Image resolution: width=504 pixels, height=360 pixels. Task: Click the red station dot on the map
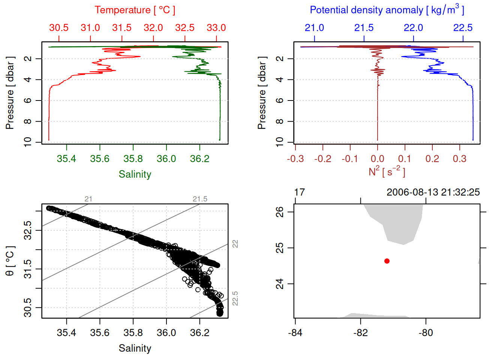[x=387, y=261]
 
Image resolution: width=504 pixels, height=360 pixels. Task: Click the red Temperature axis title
[x=135, y=10]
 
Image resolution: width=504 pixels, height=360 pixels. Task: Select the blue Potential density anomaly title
[x=387, y=10]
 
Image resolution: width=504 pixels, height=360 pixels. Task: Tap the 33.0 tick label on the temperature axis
[x=216, y=28]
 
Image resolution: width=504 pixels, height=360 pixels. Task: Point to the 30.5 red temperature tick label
[x=59, y=28]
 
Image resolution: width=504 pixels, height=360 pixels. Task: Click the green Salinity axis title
[x=135, y=174]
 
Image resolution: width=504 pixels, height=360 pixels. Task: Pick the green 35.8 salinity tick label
[x=133, y=159]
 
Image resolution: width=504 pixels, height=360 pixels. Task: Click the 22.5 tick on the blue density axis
[x=463, y=28]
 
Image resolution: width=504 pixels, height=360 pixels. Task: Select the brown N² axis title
[x=387, y=171]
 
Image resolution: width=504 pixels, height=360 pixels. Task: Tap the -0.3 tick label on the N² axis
[x=295, y=159]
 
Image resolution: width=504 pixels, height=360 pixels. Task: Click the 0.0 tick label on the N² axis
[x=377, y=159]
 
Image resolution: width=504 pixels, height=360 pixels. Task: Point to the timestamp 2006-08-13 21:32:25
[x=433, y=192]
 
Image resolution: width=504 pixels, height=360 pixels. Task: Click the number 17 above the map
[x=299, y=192]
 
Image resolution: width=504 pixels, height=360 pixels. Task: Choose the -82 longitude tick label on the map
[x=360, y=333]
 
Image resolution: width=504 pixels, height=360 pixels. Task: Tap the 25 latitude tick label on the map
[x=280, y=248]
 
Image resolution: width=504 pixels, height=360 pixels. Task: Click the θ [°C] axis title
[x=10, y=261]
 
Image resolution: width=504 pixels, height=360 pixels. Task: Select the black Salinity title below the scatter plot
[x=135, y=348]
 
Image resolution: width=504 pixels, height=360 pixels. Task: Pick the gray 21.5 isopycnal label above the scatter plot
[x=200, y=199]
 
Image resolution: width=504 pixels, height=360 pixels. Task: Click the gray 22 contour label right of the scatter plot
[x=235, y=244]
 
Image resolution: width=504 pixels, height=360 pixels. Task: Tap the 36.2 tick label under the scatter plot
[x=199, y=333]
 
